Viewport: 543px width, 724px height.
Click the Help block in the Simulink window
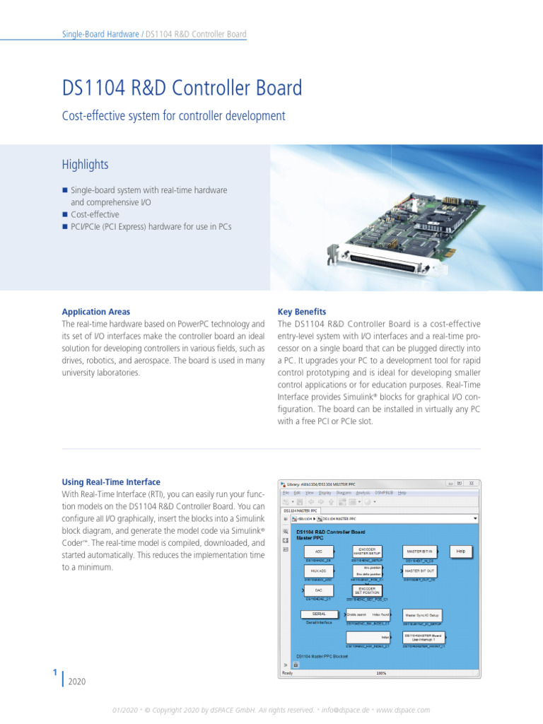(x=460, y=551)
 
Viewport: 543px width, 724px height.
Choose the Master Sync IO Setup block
(x=423, y=615)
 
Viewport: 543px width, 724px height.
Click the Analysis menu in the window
(x=363, y=493)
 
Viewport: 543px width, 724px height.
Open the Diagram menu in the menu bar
(x=344, y=493)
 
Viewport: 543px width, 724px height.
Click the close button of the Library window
(x=476, y=484)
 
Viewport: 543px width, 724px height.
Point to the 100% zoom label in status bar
(x=380, y=673)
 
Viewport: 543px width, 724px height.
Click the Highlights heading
(x=86, y=165)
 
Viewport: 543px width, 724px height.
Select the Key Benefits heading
(x=302, y=312)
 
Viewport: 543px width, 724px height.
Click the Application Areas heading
(x=96, y=312)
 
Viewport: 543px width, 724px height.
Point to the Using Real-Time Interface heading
(x=111, y=482)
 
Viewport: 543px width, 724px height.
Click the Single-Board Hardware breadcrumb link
(x=100, y=34)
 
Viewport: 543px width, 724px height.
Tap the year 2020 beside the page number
(x=77, y=682)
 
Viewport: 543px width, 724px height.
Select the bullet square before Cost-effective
(x=64, y=214)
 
